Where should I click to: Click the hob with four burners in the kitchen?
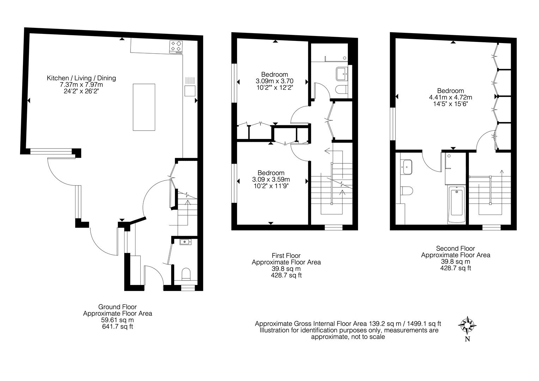click(x=176, y=47)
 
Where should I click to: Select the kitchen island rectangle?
click(x=144, y=107)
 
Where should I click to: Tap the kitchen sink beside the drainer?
click(x=190, y=91)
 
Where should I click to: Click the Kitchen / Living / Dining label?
click(x=81, y=78)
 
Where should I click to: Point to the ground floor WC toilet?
click(x=186, y=274)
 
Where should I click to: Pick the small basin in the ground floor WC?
click(x=185, y=242)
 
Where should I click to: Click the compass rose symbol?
click(x=467, y=325)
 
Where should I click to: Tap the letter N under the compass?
click(x=467, y=339)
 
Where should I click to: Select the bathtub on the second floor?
click(x=456, y=205)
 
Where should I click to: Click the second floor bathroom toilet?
click(x=407, y=190)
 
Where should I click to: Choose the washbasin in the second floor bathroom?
click(x=406, y=167)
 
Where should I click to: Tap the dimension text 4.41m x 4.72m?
click(x=450, y=97)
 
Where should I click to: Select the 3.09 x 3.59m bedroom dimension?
click(x=271, y=179)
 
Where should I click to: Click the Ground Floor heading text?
click(x=117, y=307)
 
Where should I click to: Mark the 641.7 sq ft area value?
click(x=118, y=327)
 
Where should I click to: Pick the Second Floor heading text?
click(x=455, y=248)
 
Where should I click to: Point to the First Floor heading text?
click(x=286, y=255)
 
